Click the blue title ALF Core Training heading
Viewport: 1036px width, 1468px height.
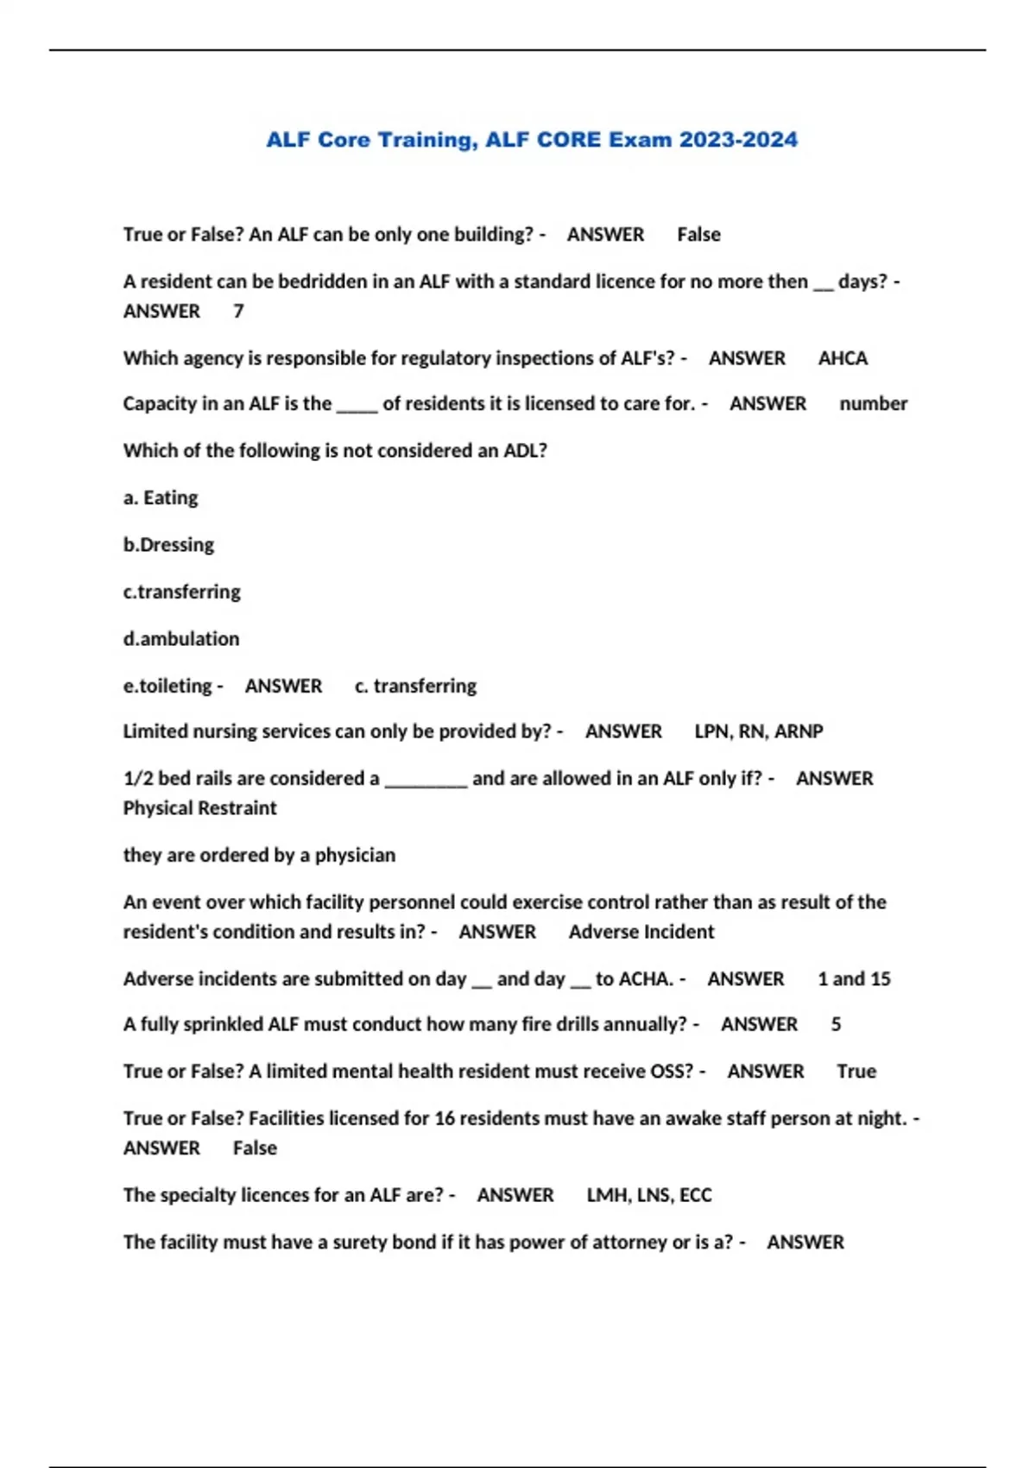click(531, 140)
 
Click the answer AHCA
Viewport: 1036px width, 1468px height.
click(843, 358)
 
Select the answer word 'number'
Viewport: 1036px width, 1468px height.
click(873, 403)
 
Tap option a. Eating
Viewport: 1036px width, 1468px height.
click(161, 497)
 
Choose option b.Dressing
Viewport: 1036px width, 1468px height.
click(168, 545)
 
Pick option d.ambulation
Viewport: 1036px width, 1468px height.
click(181, 639)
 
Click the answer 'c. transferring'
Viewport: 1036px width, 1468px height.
click(415, 686)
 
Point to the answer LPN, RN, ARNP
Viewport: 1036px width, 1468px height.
click(758, 731)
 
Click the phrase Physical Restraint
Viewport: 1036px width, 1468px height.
click(199, 808)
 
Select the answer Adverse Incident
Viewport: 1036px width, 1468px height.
click(641, 932)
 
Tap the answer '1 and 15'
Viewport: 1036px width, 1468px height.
click(854, 979)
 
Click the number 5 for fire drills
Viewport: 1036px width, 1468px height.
click(836, 1024)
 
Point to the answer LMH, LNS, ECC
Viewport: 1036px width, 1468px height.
click(649, 1195)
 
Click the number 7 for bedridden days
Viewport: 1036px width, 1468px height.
click(238, 311)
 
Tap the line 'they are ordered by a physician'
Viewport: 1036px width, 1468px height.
click(259, 855)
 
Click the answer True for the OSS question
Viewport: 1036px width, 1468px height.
click(856, 1072)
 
